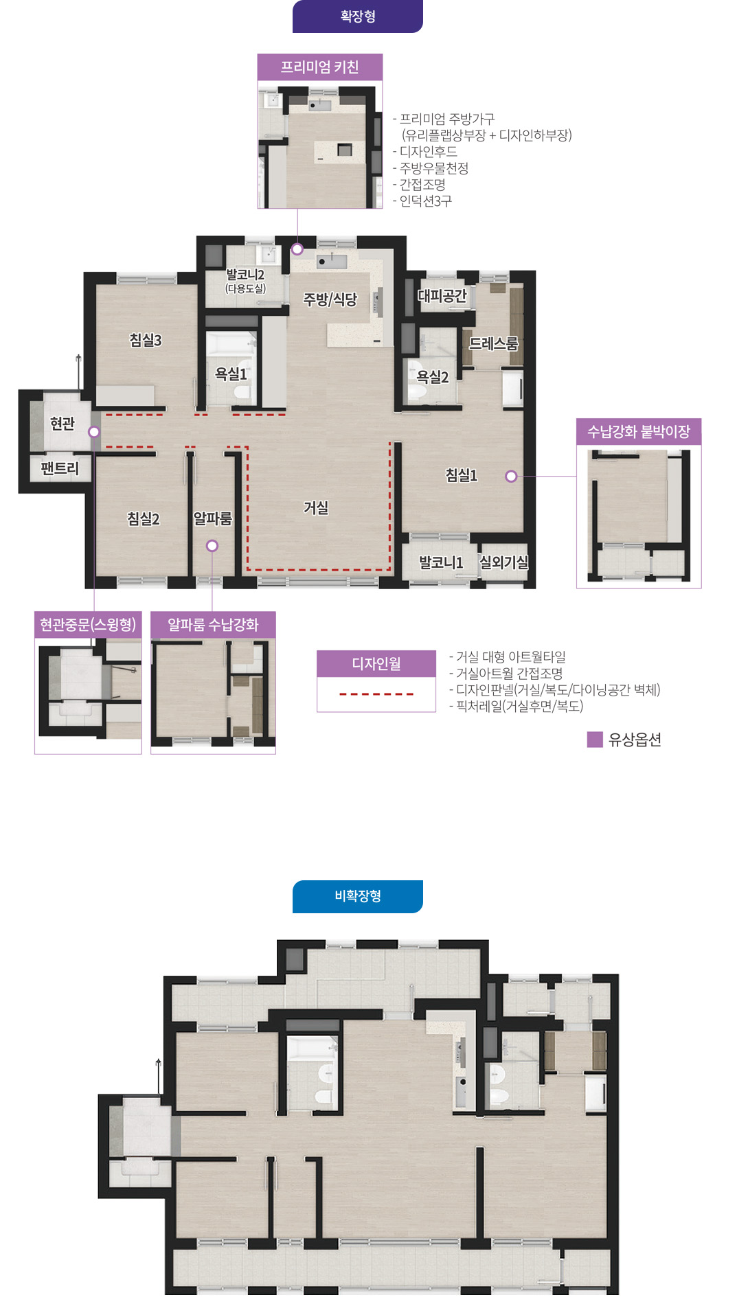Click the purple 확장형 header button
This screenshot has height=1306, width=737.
pyautogui.click(x=357, y=16)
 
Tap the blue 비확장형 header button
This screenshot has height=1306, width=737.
pyautogui.click(x=357, y=896)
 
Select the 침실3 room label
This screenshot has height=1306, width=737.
pyautogui.click(x=146, y=340)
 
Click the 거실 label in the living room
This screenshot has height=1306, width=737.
pyautogui.click(x=316, y=507)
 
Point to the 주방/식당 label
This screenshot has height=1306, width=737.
pyautogui.click(x=330, y=299)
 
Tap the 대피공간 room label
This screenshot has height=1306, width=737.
pyautogui.click(x=442, y=296)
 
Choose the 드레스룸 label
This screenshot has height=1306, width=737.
pyautogui.click(x=493, y=343)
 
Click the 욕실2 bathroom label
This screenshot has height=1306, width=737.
pyautogui.click(x=433, y=377)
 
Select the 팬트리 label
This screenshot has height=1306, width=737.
pyautogui.click(x=60, y=468)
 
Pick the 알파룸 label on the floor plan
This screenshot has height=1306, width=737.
pyautogui.click(x=213, y=518)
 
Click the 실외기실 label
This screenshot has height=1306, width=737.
pyautogui.click(x=504, y=562)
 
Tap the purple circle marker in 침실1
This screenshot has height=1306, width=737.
pyautogui.click(x=511, y=476)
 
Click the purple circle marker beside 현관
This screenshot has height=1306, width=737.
pyautogui.click(x=94, y=432)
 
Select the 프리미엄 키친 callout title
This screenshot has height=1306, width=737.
pyautogui.click(x=319, y=67)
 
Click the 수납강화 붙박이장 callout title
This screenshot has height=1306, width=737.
pyautogui.click(x=639, y=432)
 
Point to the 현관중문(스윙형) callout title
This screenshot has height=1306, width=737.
pyautogui.click(x=88, y=625)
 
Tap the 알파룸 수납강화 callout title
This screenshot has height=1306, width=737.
pyautogui.click(x=213, y=625)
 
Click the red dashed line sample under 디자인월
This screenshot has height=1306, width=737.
pyautogui.click(x=376, y=694)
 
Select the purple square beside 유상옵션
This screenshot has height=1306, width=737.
pyautogui.click(x=595, y=740)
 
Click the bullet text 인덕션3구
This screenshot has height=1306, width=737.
pyautogui.click(x=426, y=201)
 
